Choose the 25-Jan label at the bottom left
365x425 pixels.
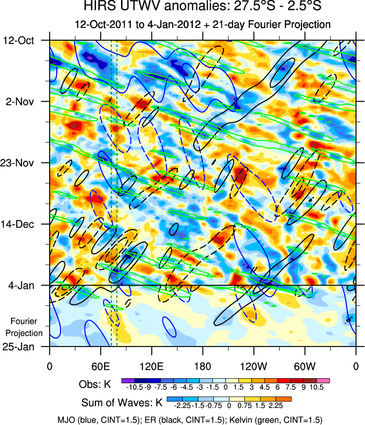pos(22,347)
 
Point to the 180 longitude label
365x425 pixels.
pos(202,366)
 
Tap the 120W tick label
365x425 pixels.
pos(253,366)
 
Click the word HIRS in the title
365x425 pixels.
pos(99,8)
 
